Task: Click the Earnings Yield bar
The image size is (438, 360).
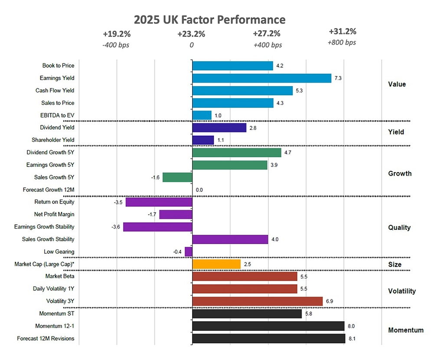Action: point(261,78)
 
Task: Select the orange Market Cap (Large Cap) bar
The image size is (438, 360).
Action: point(216,264)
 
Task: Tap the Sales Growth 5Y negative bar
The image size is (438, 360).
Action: point(177,177)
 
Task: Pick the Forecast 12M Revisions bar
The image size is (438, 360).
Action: point(268,338)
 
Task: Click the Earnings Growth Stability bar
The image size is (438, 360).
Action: point(158,227)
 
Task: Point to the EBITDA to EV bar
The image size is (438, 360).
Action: point(202,115)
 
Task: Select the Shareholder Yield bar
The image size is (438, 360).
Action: point(203,140)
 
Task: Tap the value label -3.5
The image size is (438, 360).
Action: point(118,202)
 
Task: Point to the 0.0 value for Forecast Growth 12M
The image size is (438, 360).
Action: point(199,190)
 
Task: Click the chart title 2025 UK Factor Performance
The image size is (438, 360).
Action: point(209,20)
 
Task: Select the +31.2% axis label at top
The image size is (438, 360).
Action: point(343,32)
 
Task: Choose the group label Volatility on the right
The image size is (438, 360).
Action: point(402,291)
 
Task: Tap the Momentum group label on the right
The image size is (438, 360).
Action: point(405,330)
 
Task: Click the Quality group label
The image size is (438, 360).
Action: point(399,227)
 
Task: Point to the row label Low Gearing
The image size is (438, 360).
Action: point(59,252)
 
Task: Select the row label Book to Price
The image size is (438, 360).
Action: point(58,66)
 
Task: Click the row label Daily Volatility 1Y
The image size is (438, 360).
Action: point(53,289)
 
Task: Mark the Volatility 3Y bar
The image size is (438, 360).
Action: point(257,301)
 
